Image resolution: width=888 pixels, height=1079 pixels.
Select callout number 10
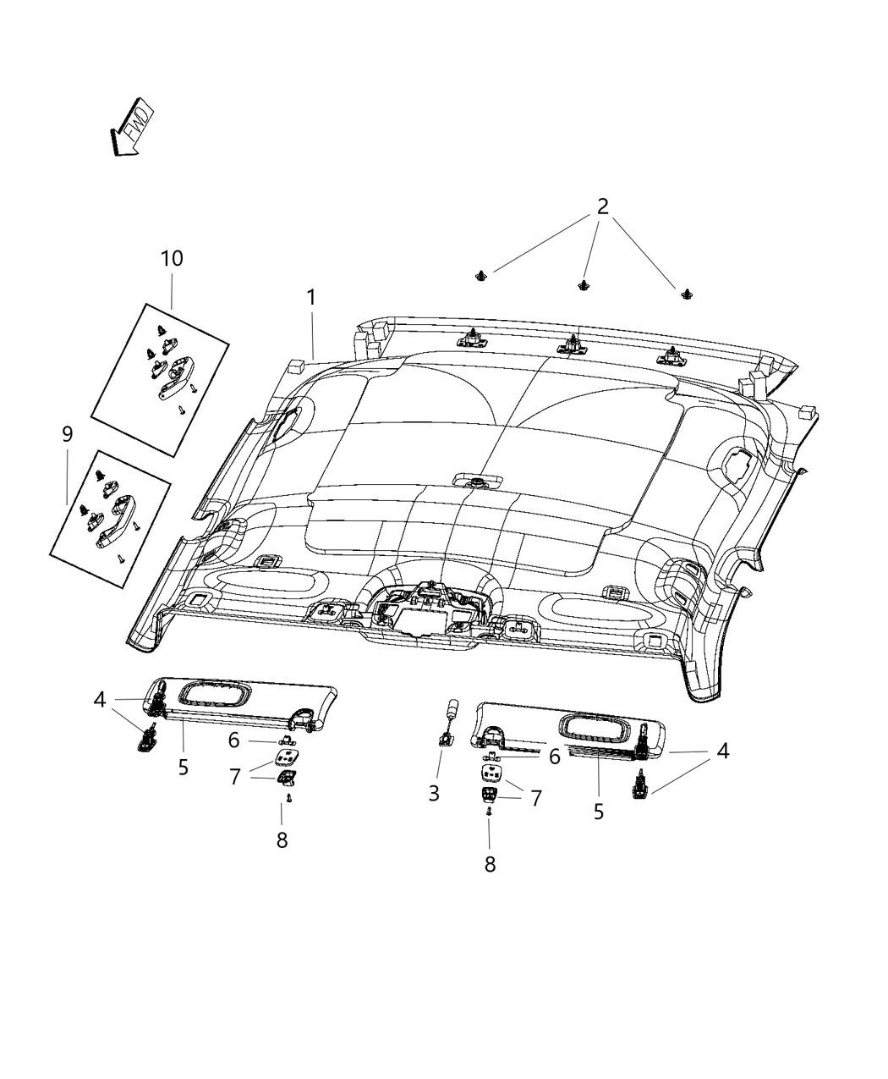(172, 258)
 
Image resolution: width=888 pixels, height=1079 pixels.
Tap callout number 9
(67, 434)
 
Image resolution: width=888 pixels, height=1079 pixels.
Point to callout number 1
(311, 297)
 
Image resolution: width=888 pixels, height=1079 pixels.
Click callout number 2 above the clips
(602, 206)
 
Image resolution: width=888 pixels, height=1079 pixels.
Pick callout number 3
(434, 793)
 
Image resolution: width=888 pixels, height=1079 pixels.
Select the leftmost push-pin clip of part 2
(482, 274)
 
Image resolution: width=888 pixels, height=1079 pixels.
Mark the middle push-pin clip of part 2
(583, 285)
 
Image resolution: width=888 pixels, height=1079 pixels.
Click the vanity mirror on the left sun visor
(214, 695)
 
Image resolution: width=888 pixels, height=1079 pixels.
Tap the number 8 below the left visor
(282, 840)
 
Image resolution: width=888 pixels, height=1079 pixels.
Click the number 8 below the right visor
(489, 863)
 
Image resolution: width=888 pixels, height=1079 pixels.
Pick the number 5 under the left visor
(184, 768)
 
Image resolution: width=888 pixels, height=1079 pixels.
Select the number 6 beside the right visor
(554, 757)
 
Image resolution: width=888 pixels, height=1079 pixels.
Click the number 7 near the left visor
(236, 776)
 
